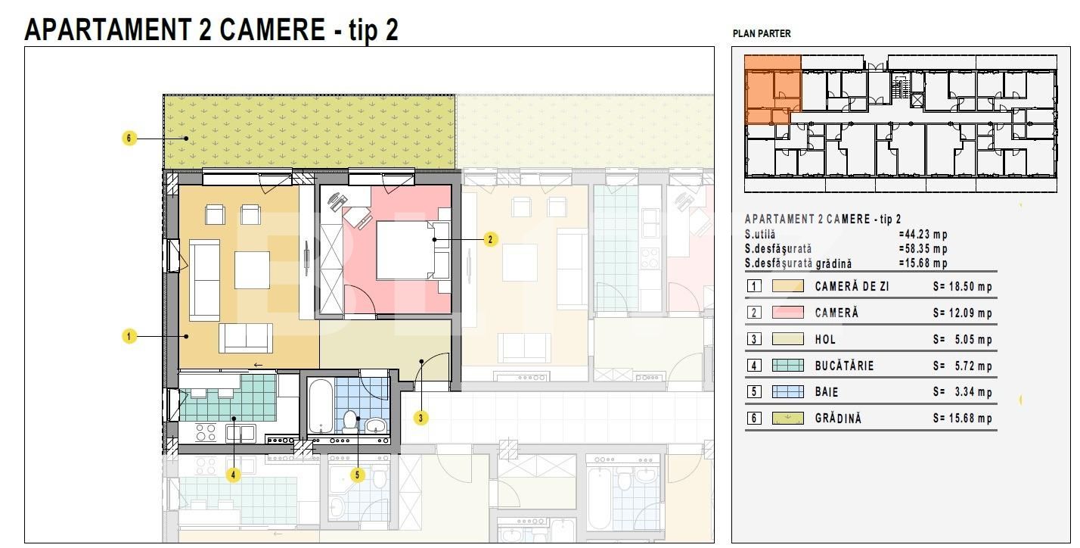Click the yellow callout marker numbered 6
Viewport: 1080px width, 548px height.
129,139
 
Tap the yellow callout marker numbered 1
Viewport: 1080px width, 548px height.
129,336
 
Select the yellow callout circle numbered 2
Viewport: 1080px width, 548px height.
490,239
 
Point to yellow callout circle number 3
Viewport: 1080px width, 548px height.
421,419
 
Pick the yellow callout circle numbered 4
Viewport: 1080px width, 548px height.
234,475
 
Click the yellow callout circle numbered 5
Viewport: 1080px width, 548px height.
357,475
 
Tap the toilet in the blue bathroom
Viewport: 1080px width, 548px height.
349,421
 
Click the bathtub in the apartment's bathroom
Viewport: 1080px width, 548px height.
320,406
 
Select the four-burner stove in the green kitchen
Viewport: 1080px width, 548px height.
206,432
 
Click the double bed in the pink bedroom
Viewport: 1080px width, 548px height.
406,250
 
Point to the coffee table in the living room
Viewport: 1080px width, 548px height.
252,270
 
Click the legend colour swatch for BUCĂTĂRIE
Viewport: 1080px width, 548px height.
788,365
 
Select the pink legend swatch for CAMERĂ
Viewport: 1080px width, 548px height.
788,313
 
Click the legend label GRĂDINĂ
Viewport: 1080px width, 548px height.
838,419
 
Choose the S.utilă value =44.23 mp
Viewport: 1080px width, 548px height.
923,235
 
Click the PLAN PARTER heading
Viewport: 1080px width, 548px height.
762,34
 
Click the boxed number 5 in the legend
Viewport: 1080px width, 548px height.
754,392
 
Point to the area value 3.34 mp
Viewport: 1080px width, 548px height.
973,392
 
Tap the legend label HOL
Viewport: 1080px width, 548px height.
825,339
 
